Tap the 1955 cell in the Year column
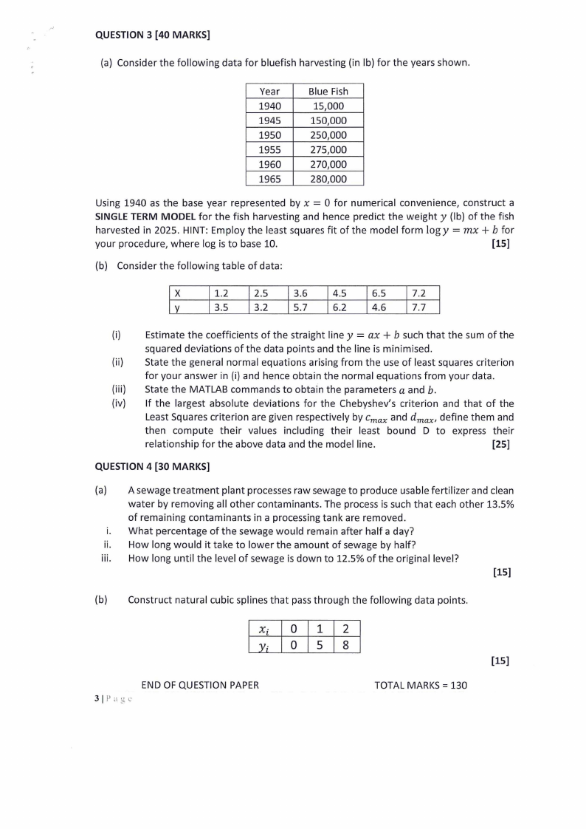(269, 149)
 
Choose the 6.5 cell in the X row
(382, 293)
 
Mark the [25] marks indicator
(500, 444)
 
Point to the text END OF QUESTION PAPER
(200, 685)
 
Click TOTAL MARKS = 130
(421, 685)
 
